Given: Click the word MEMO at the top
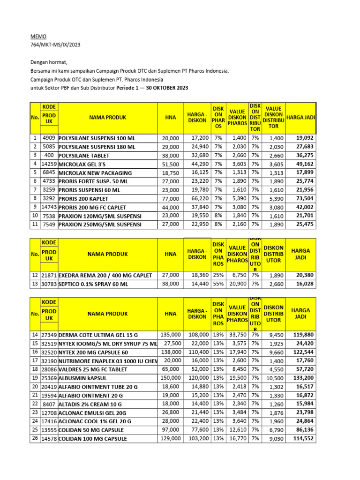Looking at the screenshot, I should point(38,36).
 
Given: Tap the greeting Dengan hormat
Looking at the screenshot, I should point(49,62).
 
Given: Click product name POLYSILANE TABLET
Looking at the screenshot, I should point(84,156).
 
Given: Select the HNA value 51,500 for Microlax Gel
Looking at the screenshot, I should point(170,164).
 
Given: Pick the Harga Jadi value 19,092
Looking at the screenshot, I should point(304,138).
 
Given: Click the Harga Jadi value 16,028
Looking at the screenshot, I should point(304,284).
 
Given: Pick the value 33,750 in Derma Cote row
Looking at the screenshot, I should point(237,335).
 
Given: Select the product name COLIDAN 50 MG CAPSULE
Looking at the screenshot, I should point(91,430).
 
